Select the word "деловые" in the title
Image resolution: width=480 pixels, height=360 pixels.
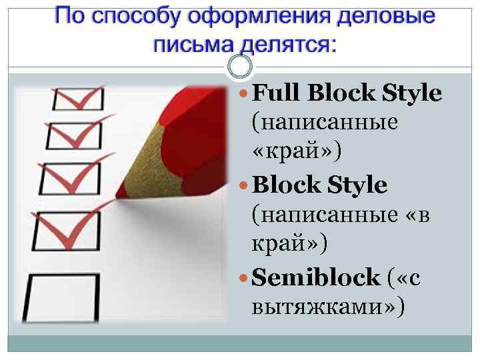pyautogui.click(x=381, y=17)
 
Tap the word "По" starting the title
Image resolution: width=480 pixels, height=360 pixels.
pyautogui.click(x=67, y=17)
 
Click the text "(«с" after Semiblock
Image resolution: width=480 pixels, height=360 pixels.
pyautogui.click(x=403, y=277)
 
